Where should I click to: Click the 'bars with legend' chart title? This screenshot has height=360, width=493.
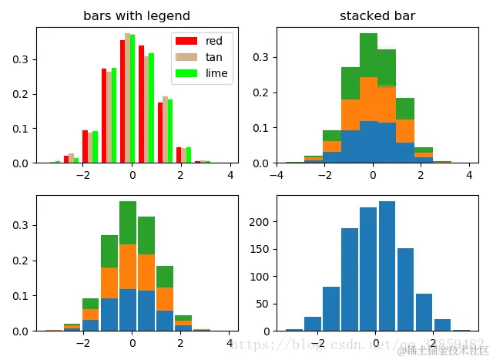coord(136,15)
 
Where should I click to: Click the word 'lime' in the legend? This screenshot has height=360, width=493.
coord(216,73)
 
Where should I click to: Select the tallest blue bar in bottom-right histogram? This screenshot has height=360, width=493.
coord(387,266)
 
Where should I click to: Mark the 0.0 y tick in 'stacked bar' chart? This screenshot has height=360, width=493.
coord(262,163)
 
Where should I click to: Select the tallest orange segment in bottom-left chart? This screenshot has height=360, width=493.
coord(128,267)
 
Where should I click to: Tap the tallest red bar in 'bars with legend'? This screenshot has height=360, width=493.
coord(122,101)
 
